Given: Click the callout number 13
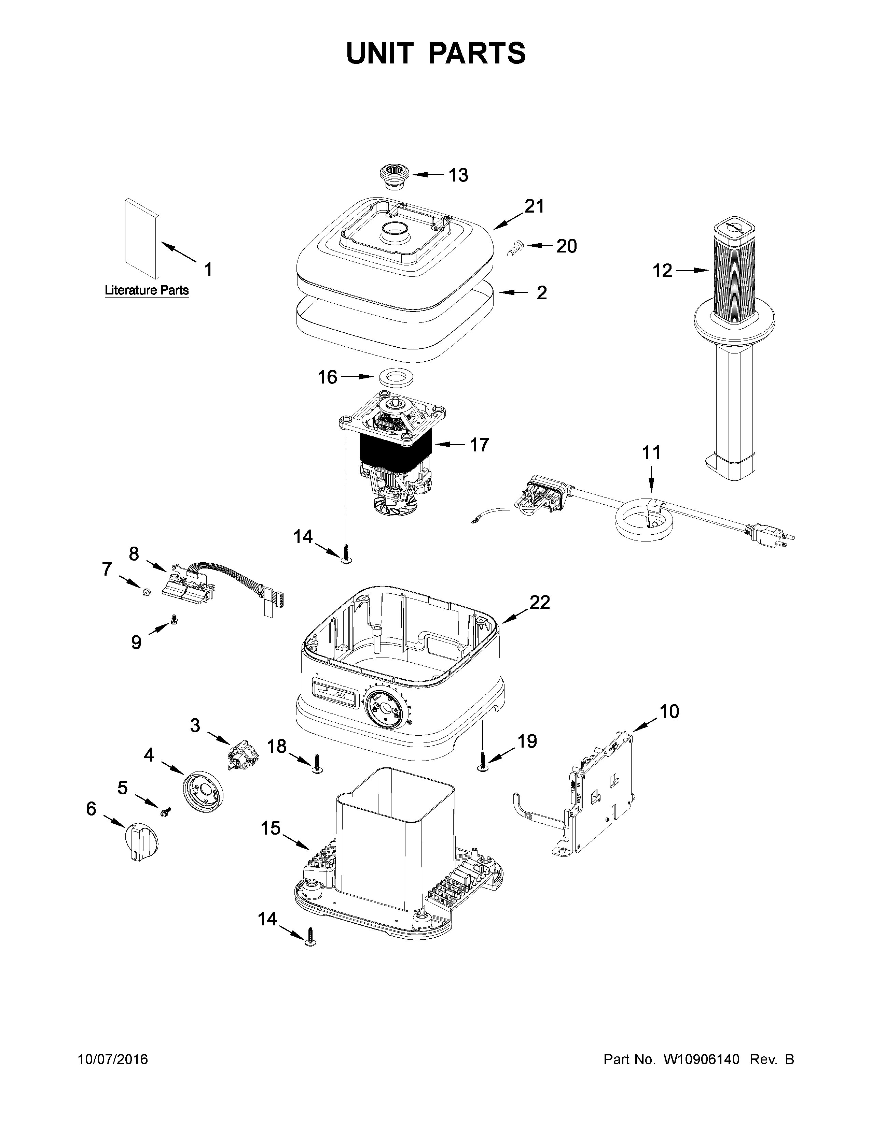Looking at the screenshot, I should [x=458, y=175].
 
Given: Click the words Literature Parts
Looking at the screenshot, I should [x=147, y=290].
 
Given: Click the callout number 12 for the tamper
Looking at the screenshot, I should [x=663, y=271].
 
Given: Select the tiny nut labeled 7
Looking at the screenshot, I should [x=146, y=593].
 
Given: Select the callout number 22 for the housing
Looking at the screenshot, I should [x=539, y=602].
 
